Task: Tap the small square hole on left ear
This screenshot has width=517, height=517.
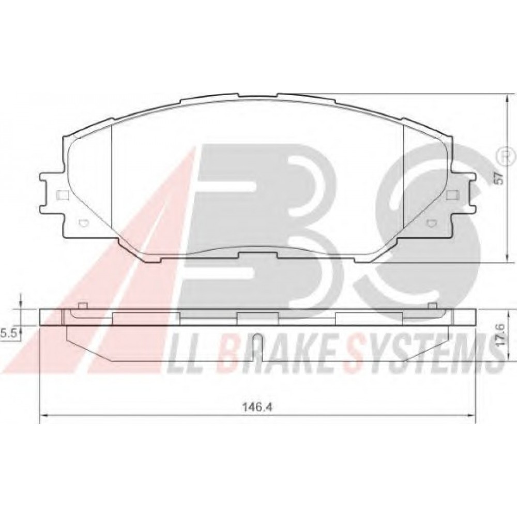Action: (x=63, y=195)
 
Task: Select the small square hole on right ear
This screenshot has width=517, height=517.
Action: (x=451, y=195)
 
